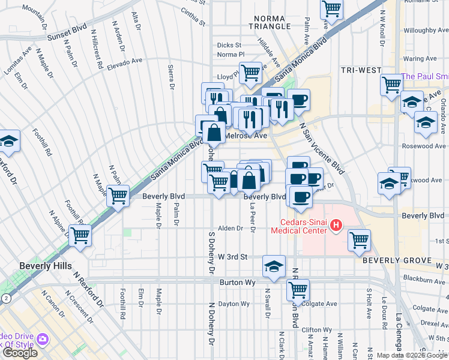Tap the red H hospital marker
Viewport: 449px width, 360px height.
click(336, 226)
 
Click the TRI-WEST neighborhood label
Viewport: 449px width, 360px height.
click(361, 70)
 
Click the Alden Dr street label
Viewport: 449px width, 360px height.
click(230, 229)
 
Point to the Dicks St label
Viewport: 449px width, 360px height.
click(229, 45)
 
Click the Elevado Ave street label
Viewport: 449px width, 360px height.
click(124, 62)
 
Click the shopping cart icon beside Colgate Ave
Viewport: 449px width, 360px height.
click(298, 290)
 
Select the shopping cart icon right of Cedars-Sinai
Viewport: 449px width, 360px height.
click(359, 239)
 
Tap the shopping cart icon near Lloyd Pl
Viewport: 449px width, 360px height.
click(251, 73)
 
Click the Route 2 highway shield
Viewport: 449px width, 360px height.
click(5, 298)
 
